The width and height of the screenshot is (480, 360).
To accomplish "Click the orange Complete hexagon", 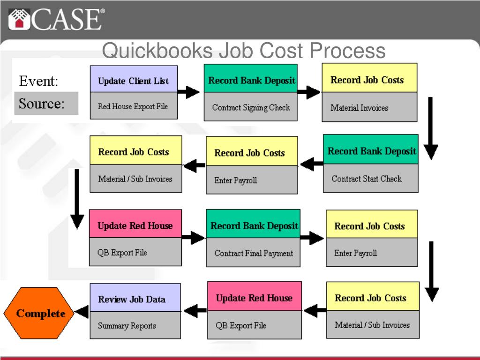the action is [x=38, y=313].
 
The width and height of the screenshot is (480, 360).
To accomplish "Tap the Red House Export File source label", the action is [x=133, y=106].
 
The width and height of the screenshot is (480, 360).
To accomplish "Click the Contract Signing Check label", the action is [x=251, y=107].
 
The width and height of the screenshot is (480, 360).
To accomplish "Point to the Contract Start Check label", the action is [x=367, y=179].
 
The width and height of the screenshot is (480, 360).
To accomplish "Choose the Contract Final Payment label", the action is [x=254, y=253].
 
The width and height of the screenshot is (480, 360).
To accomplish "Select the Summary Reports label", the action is [x=127, y=326].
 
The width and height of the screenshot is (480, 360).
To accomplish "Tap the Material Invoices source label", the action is [x=360, y=108].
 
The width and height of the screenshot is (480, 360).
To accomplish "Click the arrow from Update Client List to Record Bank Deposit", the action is [x=188, y=92].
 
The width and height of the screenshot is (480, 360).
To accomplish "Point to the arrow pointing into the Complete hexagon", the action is [x=82, y=312].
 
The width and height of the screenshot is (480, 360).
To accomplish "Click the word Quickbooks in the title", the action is [x=157, y=51].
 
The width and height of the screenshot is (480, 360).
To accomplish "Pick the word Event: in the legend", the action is [x=38, y=81].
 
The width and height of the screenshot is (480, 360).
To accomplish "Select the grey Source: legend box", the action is [x=46, y=104].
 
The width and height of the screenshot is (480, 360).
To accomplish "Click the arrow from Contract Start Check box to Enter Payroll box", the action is [x=312, y=164].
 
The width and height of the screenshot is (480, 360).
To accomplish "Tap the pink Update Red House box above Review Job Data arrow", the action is [x=255, y=296].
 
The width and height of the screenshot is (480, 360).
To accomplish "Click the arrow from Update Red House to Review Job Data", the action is [x=195, y=311].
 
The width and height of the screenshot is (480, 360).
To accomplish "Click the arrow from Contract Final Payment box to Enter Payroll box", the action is [x=312, y=238].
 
